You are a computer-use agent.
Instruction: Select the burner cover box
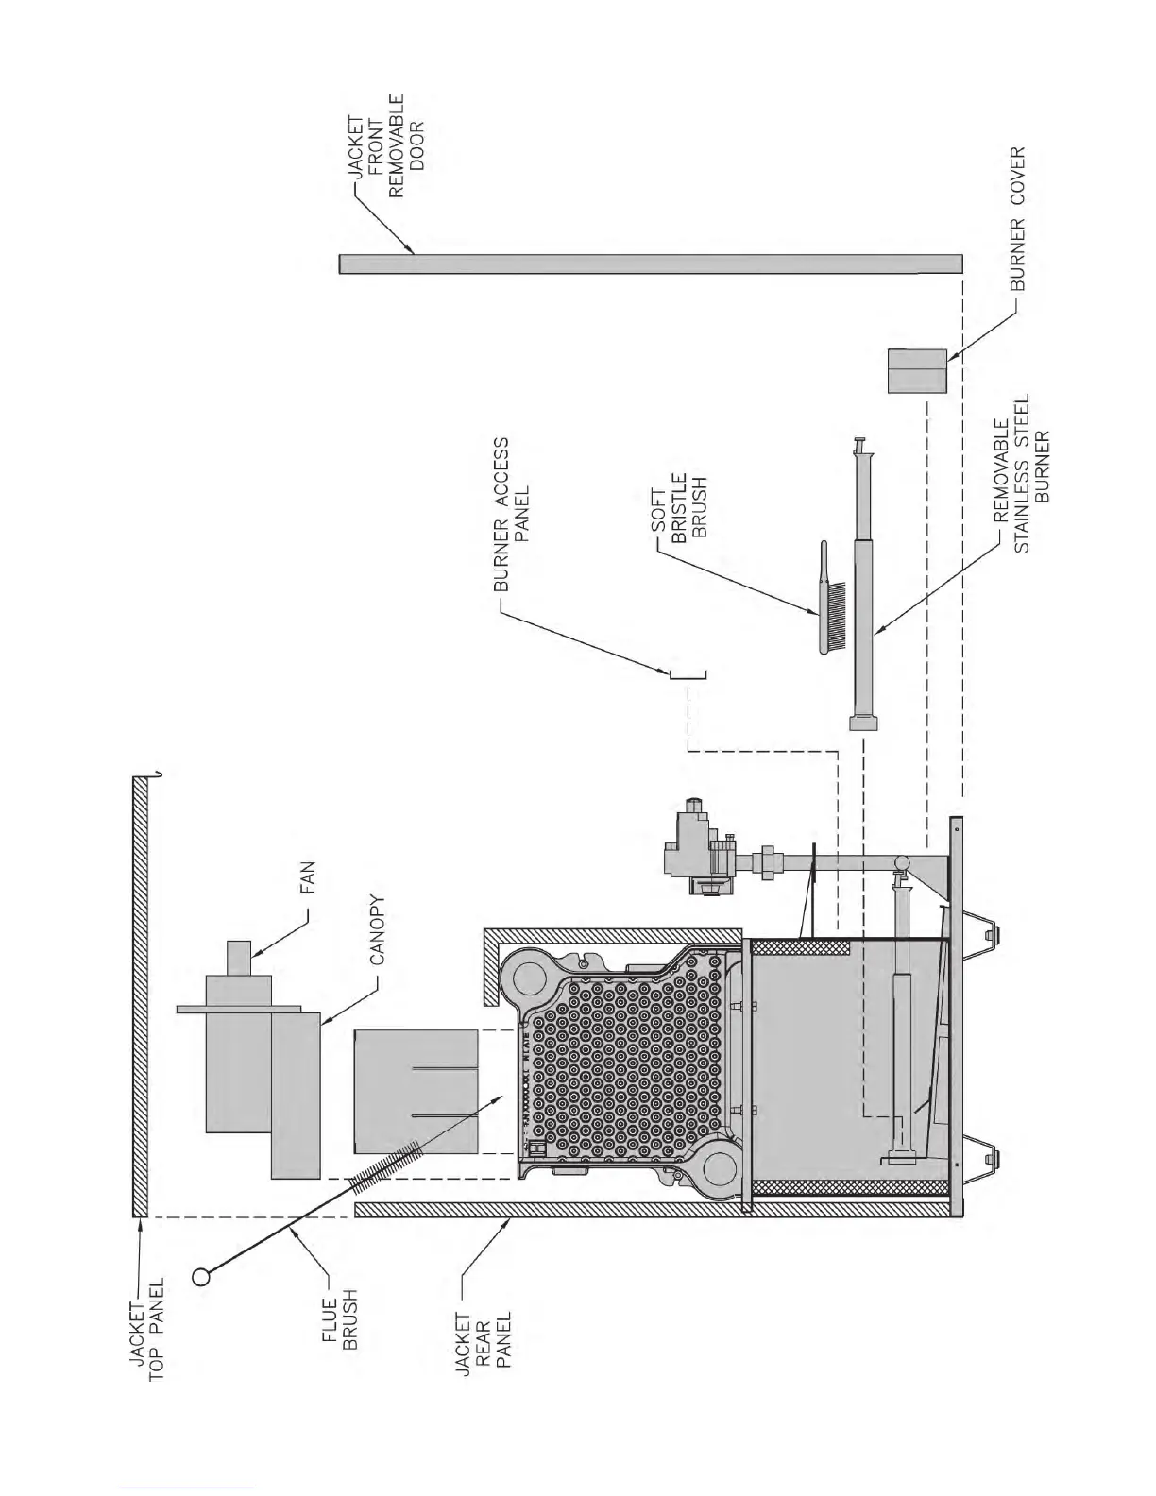(x=916, y=370)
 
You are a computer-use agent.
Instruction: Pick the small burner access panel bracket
(x=688, y=674)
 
